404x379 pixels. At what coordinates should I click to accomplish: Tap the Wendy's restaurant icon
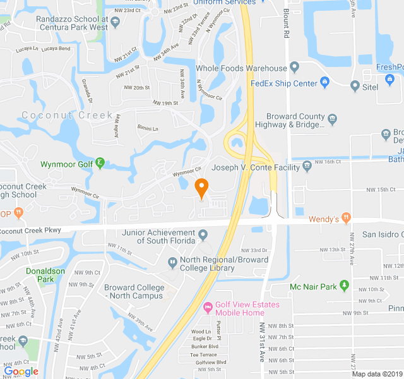pos(347,219)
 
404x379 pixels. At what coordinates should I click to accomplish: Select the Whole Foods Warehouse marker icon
pos(294,68)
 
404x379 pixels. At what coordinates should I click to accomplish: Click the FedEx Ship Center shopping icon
pos(324,83)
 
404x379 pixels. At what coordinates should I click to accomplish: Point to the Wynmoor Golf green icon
pos(100,165)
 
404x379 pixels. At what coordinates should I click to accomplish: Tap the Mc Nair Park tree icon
pos(344,286)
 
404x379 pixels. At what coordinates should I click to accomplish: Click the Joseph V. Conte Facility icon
pos(307,166)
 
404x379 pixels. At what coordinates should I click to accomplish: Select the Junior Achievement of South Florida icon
pos(203,236)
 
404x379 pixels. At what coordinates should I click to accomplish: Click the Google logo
pos(21,371)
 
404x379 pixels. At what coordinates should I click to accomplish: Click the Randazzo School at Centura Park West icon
pos(116,23)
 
